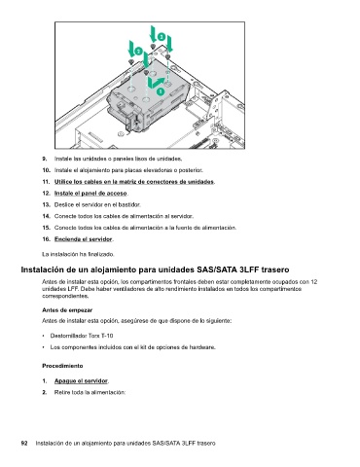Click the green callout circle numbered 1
[161, 91]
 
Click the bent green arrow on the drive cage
[155, 83]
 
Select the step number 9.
[44, 159]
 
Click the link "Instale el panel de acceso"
[90, 194]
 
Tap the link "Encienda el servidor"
[84, 239]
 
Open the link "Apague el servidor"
[81, 380]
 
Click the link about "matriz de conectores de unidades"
[134, 182]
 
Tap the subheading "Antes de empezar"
[67, 310]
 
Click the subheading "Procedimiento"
[62, 366]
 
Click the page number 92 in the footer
[24, 444]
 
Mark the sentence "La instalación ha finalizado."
[78, 254]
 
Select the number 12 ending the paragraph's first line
[314, 282]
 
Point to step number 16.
[46, 239]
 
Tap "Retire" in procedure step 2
[60, 392]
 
